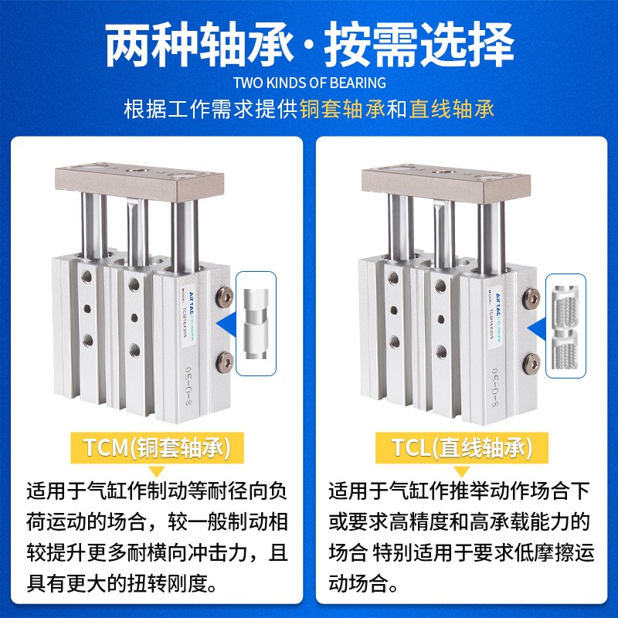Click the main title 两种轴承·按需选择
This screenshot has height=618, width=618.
pyautogui.click(x=309, y=44)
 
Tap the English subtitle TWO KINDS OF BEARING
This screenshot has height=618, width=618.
pyautogui.click(x=309, y=83)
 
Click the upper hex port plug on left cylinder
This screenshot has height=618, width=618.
pyautogui.click(x=224, y=295)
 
